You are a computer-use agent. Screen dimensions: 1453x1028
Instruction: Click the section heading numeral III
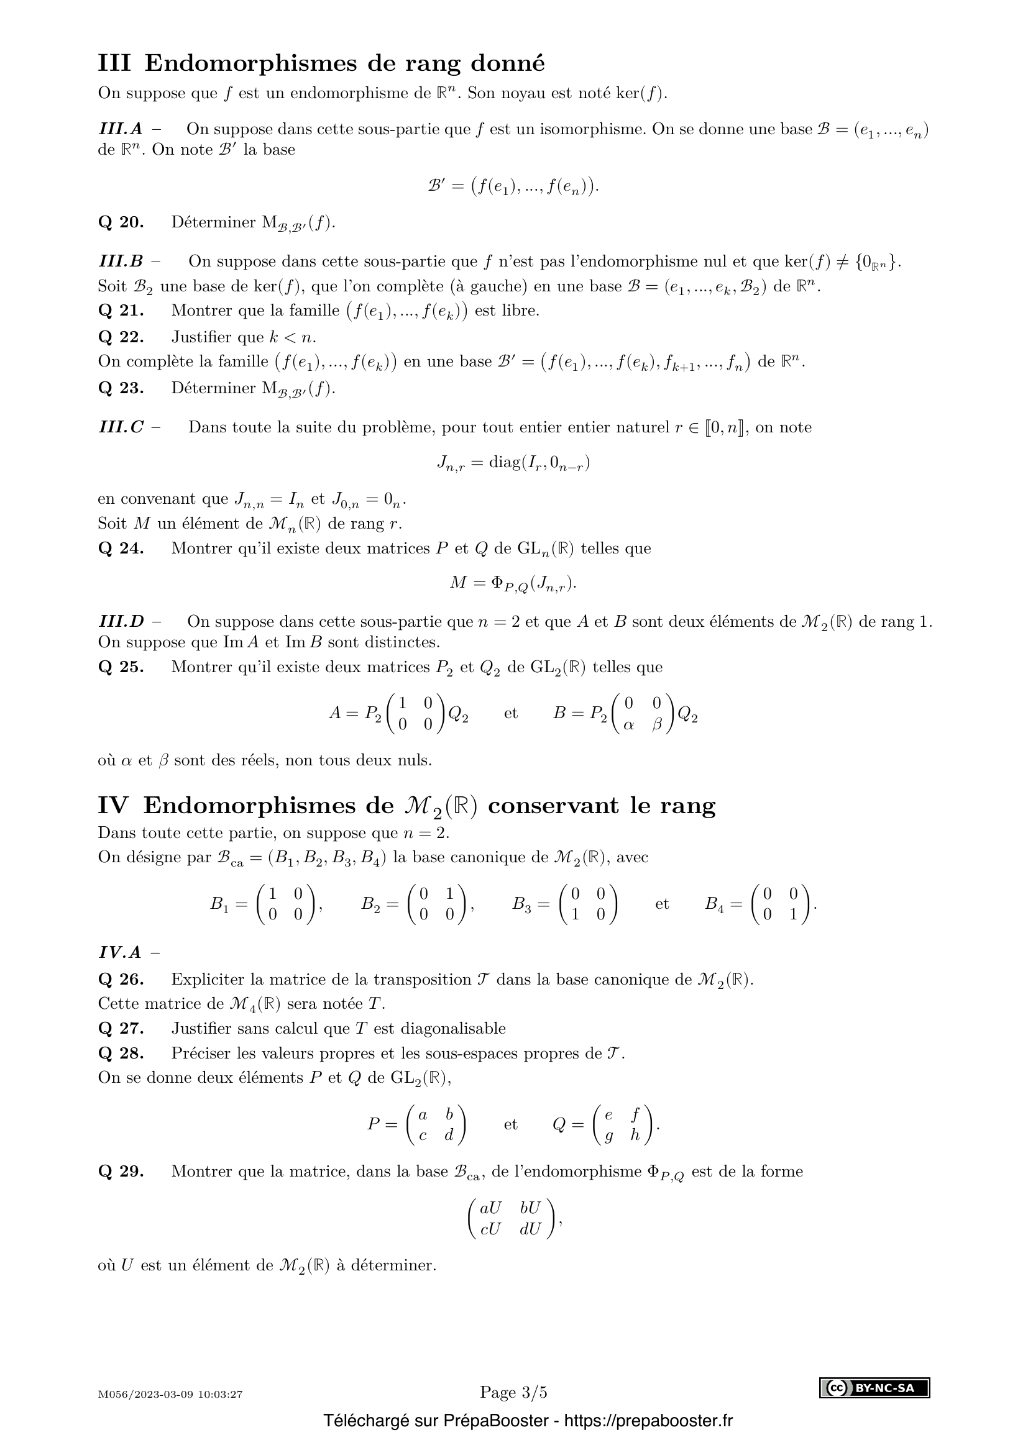click(x=114, y=63)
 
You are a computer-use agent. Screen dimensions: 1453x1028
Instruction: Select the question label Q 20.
click(x=121, y=223)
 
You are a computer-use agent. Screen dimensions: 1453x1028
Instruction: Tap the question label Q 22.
click(x=121, y=337)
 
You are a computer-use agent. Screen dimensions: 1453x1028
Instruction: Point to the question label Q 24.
click(x=121, y=548)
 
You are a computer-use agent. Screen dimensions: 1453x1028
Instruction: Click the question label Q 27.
click(x=121, y=1028)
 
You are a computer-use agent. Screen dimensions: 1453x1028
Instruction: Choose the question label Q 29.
click(x=121, y=1172)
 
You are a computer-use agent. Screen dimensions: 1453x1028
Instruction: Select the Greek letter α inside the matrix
click(x=628, y=725)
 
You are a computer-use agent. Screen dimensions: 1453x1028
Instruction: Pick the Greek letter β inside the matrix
click(x=656, y=725)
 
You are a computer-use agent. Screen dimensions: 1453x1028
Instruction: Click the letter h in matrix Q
click(x=635, y=1136)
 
